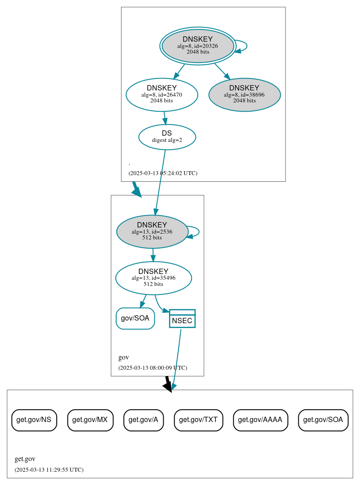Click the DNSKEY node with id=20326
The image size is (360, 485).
tap(198, 46)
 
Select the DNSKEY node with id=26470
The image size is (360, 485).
tap(162, 94)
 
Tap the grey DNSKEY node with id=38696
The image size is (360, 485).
tap(244, 94)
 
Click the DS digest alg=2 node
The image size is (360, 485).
tap(167, 137)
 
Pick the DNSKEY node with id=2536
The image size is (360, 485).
tap(152, 231)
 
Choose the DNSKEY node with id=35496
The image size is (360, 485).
tap(153, 278)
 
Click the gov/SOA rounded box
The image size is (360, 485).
tap(135, 318)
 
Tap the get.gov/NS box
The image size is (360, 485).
tap(34, 420)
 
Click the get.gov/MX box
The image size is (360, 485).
tap(90, 420)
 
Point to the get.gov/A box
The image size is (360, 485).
tap(144, 420)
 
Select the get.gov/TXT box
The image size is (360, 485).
tap(198, 420)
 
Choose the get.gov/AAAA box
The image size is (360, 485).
tap(260, 420)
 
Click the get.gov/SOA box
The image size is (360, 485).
tap(323, 420)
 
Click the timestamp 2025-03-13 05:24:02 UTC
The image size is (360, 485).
tap(163, 173)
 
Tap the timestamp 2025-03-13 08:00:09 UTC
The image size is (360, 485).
tap(153, 368)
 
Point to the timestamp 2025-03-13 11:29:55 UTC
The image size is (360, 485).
tap(49, 470)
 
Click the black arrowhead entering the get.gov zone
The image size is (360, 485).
tap(168, 387)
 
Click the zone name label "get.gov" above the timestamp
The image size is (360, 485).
tap(25, 459)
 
